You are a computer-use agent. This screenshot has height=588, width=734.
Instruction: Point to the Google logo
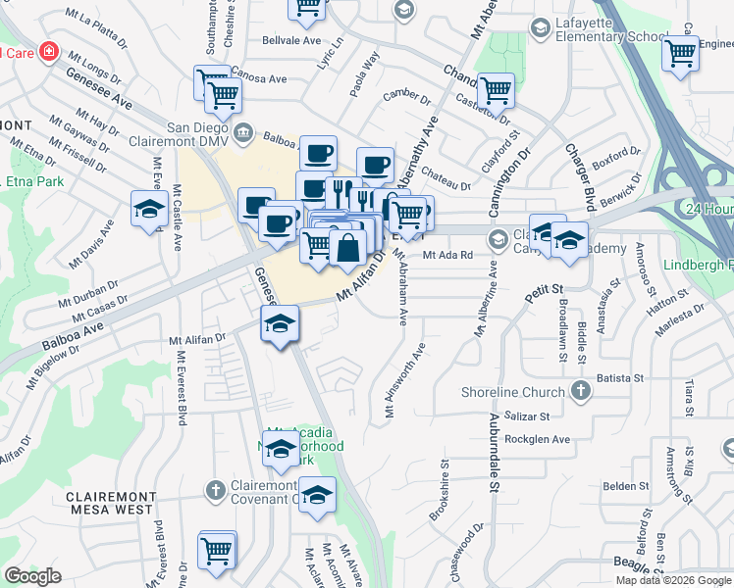(x=32, y=576)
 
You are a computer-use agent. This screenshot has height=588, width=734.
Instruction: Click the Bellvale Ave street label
(x=291, y=42)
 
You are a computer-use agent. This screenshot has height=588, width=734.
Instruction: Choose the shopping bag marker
(x=347, y=248)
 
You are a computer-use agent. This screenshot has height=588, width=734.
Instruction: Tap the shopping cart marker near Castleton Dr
(x=497, y=90)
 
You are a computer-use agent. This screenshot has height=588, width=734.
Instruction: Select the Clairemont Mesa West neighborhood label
(x=109, y=504)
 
